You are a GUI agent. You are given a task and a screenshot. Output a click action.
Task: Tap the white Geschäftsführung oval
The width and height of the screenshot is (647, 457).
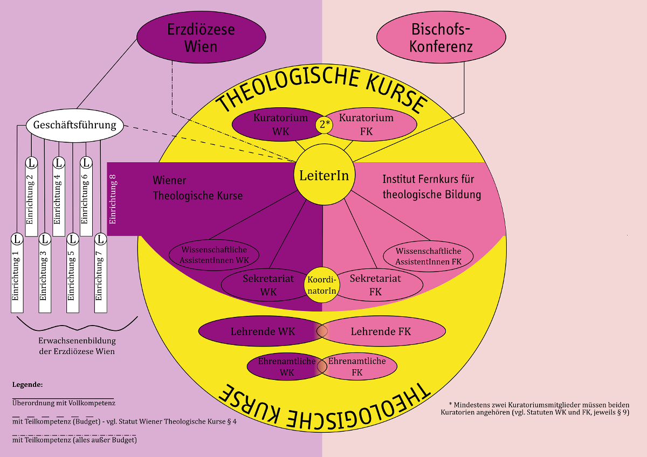click(x=75, y=126)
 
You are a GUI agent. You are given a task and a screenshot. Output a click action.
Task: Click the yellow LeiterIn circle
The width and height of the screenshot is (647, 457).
click(x=324, y=176)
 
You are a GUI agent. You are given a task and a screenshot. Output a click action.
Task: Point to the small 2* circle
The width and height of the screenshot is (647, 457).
click(x=324, y=124)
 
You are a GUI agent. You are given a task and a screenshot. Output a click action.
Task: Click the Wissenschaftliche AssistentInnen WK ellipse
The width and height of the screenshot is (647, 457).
click(x=215, y=254)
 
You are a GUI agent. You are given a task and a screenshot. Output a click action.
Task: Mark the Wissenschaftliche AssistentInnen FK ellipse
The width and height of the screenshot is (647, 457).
click(x=429, y=255)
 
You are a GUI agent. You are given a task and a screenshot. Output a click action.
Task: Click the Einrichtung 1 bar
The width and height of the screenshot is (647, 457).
click(x=17, y=275)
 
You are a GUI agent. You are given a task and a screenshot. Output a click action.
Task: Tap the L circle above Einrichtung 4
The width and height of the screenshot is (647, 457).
click(x=59, y=162)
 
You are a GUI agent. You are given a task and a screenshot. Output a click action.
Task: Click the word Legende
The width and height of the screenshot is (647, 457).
click(x=27, y=385)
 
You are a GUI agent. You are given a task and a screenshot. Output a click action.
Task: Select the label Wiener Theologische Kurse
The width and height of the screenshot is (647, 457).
click(x=197, y=188)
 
